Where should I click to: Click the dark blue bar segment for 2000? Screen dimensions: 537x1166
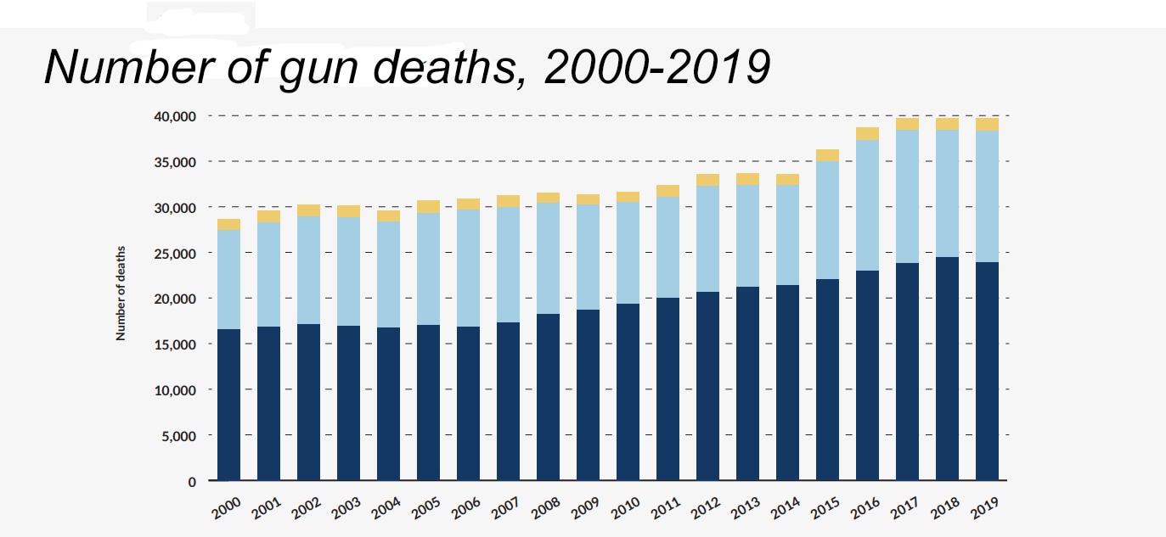pos(228,405)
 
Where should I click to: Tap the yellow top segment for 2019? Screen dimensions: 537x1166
pos(987,124)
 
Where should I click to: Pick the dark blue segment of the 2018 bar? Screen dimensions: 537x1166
pos(947,369)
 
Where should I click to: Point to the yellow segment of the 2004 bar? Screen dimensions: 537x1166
pos(388,215)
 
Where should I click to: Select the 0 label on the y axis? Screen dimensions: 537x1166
pos(191,482)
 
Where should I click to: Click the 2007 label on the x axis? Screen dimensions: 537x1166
pos(506,507)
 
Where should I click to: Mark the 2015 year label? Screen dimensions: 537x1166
pos(825,507)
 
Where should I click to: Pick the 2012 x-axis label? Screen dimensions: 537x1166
pos(706,507)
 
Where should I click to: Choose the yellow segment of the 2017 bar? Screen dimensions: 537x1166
pos(907,124)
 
